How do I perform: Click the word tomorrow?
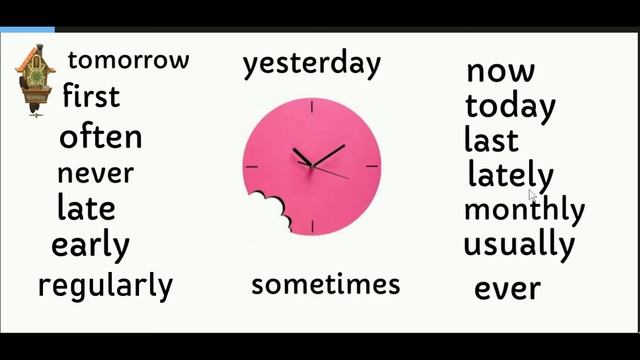point(128,60)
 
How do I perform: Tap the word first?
point(91,97)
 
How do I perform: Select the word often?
point(101,136)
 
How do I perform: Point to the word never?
point(95,173)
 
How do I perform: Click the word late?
point(86,209)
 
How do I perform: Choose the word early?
point(90,245)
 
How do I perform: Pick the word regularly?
point(105,286)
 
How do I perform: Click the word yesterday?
point(311,64)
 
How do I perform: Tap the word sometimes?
point(325,285)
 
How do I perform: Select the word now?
point(500,71)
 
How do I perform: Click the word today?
point(510,105)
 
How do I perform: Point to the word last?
point(491,140)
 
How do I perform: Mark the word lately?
point(510,176)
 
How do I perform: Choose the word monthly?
point(524,210)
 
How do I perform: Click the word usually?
point(518,245)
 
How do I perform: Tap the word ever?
point(507,289)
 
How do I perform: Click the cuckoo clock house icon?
point(34,78)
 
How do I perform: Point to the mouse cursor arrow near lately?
point(534,197)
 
